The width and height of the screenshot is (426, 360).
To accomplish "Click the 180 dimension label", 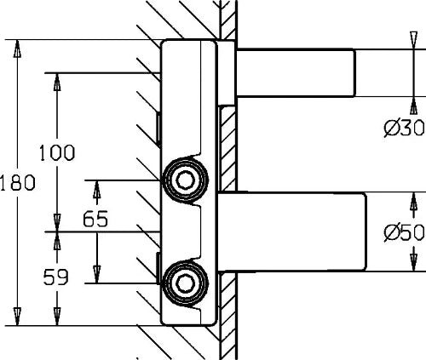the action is point(18,182).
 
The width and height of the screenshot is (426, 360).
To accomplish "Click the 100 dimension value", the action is point(57,152).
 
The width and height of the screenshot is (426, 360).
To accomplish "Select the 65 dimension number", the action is point(95,219).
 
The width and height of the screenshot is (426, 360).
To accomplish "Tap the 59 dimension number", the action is point(56,277).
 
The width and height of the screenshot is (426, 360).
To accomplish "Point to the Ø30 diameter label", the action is point(405,128).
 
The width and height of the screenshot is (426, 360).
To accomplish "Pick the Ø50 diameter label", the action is point(405,232).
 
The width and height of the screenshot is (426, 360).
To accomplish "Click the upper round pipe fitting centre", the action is point(185,180).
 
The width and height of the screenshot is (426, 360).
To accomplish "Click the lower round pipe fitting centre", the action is point(185,283).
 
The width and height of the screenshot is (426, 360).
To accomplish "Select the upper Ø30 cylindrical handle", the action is point(296,73).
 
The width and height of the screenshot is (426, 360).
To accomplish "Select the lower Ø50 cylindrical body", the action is point(292,231).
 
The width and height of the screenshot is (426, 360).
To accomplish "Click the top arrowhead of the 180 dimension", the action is point(17,49).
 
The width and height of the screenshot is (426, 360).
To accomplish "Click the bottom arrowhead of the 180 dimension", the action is point(17,317).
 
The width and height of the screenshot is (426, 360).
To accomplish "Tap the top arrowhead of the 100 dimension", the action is point(57,83).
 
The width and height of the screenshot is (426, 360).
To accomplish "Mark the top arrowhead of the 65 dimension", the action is point(97,189).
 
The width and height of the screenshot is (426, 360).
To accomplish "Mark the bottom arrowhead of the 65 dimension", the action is point(97,274).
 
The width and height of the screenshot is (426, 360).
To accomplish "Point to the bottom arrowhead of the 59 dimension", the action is point(57,317).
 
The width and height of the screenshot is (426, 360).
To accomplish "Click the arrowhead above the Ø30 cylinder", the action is point(414,40).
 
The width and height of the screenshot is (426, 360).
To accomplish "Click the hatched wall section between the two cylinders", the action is point(227,148).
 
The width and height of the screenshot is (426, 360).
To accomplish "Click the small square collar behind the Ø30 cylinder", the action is point(227,73).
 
